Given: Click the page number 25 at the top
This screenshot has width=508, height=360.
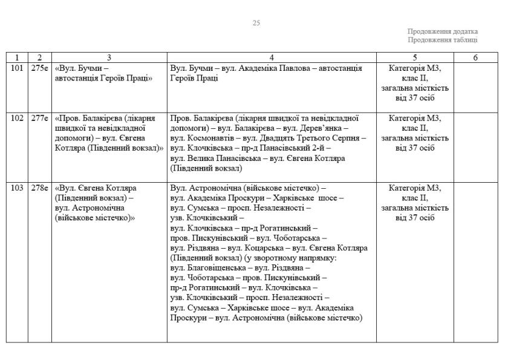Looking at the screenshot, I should [x=256, y=23].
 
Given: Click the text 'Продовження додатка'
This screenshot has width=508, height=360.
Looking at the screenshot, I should [x=443, y=31].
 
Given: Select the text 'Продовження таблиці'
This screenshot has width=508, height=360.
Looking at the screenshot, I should [x=443, y=40].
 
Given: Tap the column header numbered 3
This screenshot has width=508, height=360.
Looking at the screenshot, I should [x=109, y=57].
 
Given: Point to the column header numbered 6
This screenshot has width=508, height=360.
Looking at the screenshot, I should [x=476, y=57].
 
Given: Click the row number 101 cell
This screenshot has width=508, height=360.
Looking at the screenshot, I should [x=17, y=69].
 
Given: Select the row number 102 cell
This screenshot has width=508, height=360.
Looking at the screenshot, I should [x=17, y=119].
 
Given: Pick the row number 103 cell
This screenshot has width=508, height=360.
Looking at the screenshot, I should [x=17, y=188].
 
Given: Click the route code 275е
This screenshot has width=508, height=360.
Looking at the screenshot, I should [x=40, y=69].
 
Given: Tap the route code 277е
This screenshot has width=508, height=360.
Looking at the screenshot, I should [x=40, y=119].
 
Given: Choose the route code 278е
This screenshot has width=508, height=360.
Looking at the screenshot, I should [x=40, y=188].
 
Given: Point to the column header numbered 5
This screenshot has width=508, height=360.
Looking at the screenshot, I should [x=415, y=57].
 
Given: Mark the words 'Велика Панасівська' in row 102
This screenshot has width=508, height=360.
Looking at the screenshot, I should [x=216, y=158].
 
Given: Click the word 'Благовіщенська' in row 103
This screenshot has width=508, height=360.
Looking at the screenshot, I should [x=216, y=267].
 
